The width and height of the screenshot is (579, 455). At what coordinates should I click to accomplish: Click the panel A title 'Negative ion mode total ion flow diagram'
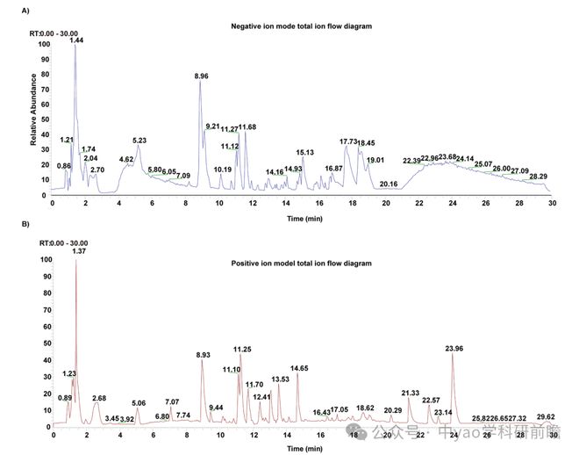[x=301, y=26]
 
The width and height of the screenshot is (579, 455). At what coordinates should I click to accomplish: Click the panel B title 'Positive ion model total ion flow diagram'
[x=301, y=264]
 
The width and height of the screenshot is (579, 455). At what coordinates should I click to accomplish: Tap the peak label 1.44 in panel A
[x=76, y=40]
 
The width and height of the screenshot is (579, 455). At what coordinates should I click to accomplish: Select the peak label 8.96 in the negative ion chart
[x=202, y=76]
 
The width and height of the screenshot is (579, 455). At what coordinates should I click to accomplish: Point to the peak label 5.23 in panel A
[x=139, y=141]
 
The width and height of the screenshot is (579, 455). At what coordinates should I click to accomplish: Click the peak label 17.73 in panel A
[x=348, y=141]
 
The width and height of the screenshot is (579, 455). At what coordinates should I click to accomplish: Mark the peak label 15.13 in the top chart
[x=305, y=152]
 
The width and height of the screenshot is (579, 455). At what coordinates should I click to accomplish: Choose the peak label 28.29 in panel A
[x=539, y=177]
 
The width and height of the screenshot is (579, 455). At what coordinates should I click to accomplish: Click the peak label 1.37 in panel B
[x=76, y=252]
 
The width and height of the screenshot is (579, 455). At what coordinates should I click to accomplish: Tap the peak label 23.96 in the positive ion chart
[x=454, y=349]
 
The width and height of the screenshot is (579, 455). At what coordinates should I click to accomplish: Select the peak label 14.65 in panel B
[x=300, y=368]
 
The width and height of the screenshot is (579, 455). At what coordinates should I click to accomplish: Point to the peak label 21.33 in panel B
[x=411, y=393]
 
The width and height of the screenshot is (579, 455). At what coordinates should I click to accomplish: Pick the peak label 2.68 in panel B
[x=99, y=398]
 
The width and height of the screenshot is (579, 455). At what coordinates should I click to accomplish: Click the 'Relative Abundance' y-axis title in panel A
[x=33, y=114]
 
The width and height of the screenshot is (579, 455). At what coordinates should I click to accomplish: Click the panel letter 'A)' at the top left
[x=25, y=10]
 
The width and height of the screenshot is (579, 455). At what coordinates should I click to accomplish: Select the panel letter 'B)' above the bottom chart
[x=25, y=224]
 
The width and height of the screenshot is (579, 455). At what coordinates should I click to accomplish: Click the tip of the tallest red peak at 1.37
[x=75, y=261]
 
